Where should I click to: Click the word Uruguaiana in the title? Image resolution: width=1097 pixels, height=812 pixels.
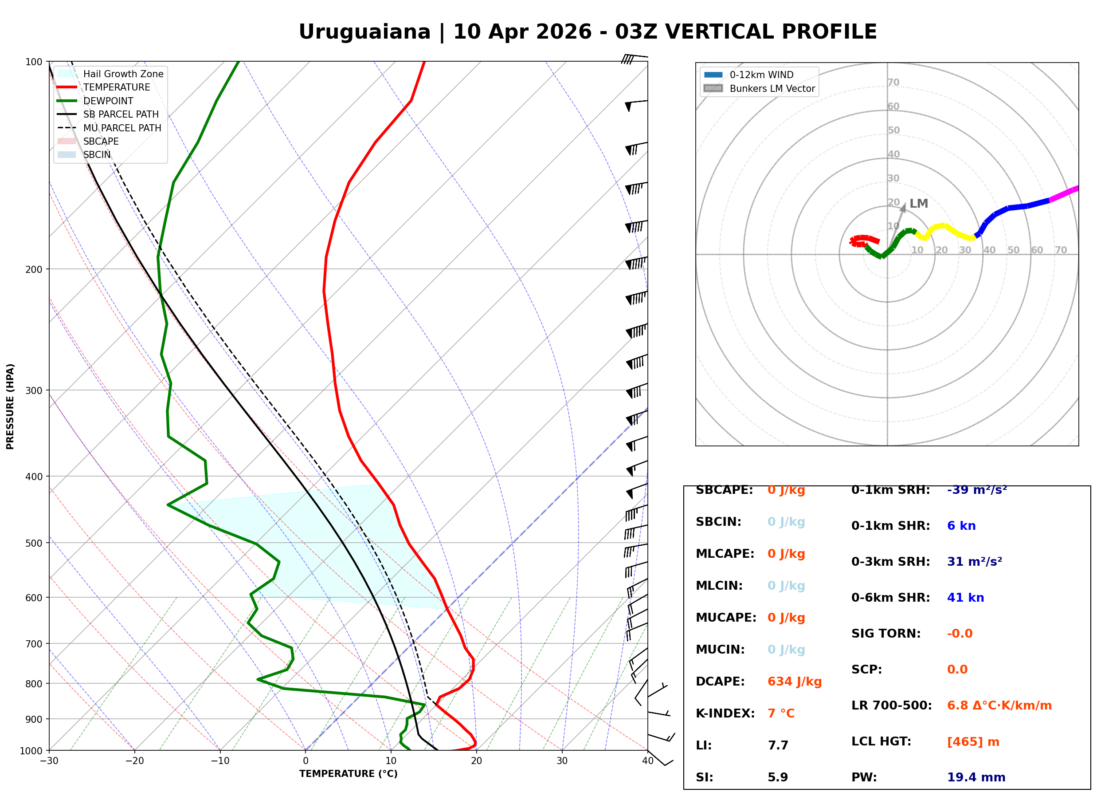[364, 32]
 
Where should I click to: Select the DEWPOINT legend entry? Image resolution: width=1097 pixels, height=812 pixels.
[108, 101]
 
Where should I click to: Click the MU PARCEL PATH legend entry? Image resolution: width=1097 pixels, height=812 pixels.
[122, 128]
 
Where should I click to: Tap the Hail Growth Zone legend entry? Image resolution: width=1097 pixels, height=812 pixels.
[123, 74]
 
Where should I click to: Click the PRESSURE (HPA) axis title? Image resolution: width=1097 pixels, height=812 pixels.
[10, 406]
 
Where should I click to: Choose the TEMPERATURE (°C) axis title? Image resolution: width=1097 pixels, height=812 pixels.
[348, 774]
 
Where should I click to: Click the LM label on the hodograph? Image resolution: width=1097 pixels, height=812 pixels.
[918, 204]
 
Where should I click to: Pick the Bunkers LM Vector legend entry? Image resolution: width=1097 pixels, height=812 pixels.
[772, 88]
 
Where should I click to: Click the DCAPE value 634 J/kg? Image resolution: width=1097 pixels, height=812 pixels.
[794, 682]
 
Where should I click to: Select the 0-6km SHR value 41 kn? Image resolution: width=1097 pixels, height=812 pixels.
[965, 598]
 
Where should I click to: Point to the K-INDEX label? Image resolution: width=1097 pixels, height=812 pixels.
[725, 713]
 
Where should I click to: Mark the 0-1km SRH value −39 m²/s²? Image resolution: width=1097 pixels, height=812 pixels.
[977, 490]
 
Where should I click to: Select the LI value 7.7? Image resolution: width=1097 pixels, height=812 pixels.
[778, 745]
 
